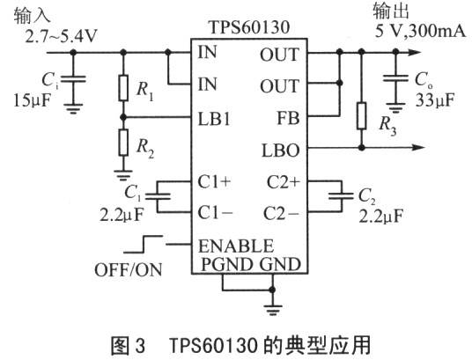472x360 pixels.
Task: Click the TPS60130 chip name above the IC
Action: (249, 27)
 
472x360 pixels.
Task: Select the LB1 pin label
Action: (214, 119)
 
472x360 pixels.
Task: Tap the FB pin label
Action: (288, 118)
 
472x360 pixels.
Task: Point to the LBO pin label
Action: (281, 151)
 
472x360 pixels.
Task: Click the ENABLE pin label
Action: (236, 246)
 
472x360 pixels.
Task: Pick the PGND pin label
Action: (226, 264)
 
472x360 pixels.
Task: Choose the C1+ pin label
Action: (214, 182)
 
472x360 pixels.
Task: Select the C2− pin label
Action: (282, 213)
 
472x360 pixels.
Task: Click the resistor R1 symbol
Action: (123, 88)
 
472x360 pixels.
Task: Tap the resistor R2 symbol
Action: (123, 143)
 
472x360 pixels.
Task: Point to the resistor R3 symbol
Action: (362, 116)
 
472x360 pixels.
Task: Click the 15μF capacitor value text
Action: (32, 100)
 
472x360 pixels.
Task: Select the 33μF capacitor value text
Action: (435, 100)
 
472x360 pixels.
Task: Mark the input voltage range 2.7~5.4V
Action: (62, 37)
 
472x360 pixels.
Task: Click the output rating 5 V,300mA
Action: (420, 31)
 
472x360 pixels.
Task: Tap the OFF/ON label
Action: (129, 269)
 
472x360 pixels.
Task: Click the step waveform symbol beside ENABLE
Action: (143, 244)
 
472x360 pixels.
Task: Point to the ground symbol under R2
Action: (122, 175)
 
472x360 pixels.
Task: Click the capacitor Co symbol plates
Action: (395, 78)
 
